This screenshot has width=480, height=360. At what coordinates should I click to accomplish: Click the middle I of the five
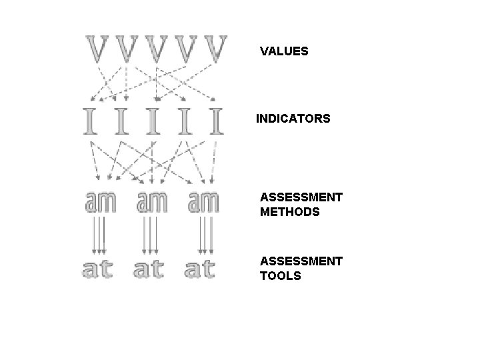(153, 120)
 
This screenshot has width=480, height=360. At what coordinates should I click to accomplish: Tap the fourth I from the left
(185, 120)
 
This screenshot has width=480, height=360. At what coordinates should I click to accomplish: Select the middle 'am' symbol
(152, 202)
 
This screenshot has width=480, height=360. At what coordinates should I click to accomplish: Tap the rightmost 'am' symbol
(203, 202)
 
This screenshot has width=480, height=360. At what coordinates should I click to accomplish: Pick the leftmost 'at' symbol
(97, 269)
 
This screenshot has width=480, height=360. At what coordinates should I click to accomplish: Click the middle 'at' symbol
(149, 269)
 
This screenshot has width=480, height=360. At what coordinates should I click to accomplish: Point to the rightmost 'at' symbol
(201, 269)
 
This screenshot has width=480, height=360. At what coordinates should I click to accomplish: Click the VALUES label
(284, 51)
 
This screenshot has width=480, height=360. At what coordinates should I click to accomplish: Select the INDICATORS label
(293, 119)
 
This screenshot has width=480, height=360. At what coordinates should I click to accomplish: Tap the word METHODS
(289, 213)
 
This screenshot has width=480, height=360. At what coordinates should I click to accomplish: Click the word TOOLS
(280, 276)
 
